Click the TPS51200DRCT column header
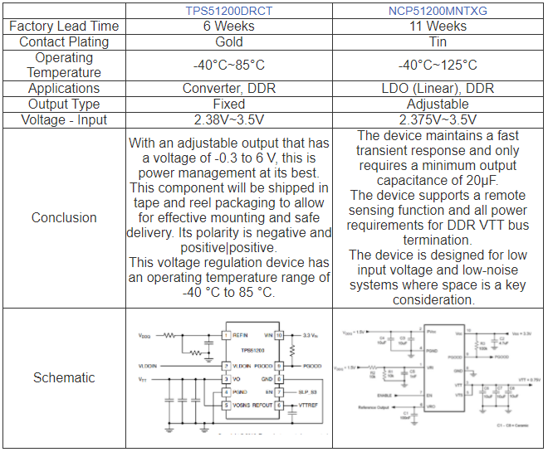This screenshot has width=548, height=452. (x=229, y=11)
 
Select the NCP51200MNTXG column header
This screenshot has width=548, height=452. (x=438, y=11)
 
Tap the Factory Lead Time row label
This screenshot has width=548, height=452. (x=64, y=27)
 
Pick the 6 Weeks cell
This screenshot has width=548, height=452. (x=229, y=27)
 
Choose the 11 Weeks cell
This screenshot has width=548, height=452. (x=438, y=27)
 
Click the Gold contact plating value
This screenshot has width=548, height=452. (x=229, y=42)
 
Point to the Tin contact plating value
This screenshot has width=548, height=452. (x=438, y=42)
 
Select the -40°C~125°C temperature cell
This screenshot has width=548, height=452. (x=438, y=66)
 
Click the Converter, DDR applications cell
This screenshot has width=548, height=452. (x=229, y=89)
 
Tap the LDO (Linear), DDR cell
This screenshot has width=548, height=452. (x=438, y=89)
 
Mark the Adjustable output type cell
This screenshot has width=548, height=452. (x=438, y=104)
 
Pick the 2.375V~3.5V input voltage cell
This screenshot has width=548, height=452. (x=438, y=120)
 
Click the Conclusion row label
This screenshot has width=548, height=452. (x=64, y=218)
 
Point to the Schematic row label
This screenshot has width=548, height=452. (x=64, y=378)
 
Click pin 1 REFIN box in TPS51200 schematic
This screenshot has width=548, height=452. (x=225, y=335)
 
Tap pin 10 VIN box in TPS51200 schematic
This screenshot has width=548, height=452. (x=280, y=335)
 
